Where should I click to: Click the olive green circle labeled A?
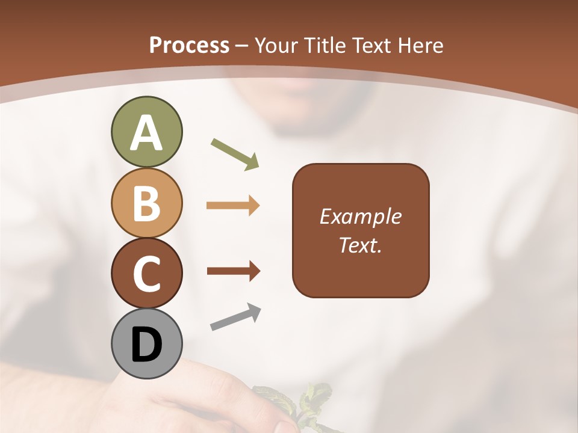tap(146, 132)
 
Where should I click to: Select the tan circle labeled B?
tap(146, 203)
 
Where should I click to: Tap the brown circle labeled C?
tap(146, 273)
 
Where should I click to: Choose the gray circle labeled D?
tap(146, 343)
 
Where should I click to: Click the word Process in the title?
tap(189, 46)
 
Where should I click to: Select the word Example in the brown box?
tap(360, 216)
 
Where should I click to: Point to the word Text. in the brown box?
tap(360, 245)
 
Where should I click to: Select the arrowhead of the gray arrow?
tap(254, 311)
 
